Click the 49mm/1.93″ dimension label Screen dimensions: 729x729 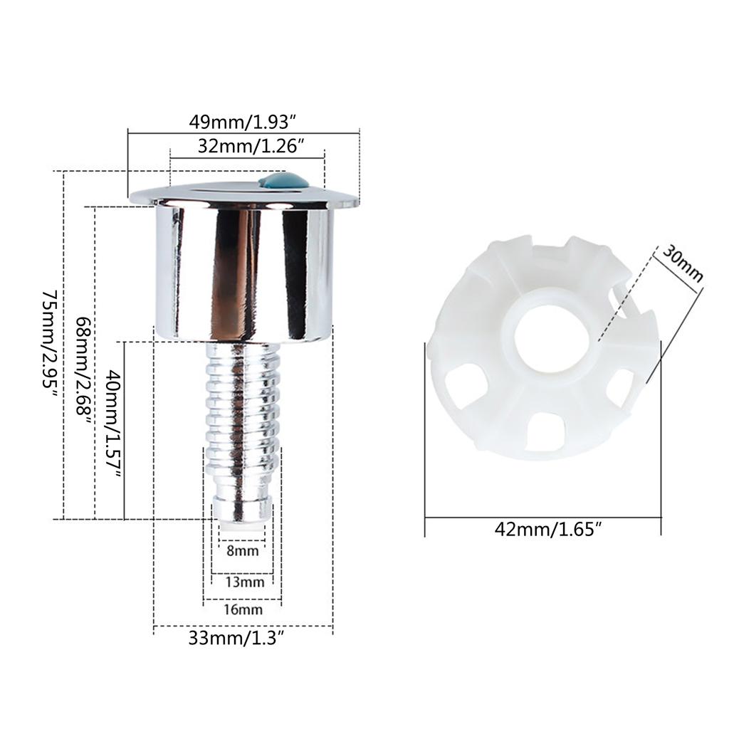point(243,122)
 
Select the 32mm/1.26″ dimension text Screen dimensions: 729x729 point(251,146)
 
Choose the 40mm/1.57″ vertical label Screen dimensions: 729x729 point(115,424)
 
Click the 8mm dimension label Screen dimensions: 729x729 point(242,552)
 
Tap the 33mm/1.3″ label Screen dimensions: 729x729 point(236,638)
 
